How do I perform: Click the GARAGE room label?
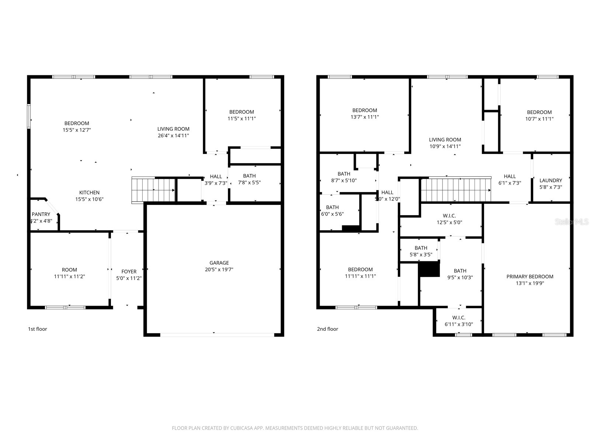click(219, 263)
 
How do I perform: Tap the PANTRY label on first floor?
click(41, 214)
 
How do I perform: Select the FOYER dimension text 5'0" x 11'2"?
click(129, 278)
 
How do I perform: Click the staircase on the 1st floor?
click(153, 190)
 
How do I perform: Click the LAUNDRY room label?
click(551, 181)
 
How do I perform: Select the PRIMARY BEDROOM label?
click(530, 277)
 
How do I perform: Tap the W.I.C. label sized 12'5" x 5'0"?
click(449, 216)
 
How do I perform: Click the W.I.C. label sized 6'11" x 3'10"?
click(459, 317)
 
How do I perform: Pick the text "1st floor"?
click(38, 329)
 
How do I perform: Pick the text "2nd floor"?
click(327, 329)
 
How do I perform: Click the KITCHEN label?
click(89, 193)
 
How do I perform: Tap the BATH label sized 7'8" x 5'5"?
click(249, 176)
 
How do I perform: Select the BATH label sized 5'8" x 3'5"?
click(421, 248)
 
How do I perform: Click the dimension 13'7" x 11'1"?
click(365, 117)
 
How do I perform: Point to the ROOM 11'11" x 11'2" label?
click(69, 270)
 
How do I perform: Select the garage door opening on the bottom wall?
click(217, 335)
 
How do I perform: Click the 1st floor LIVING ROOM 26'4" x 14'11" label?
click(173, 129)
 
